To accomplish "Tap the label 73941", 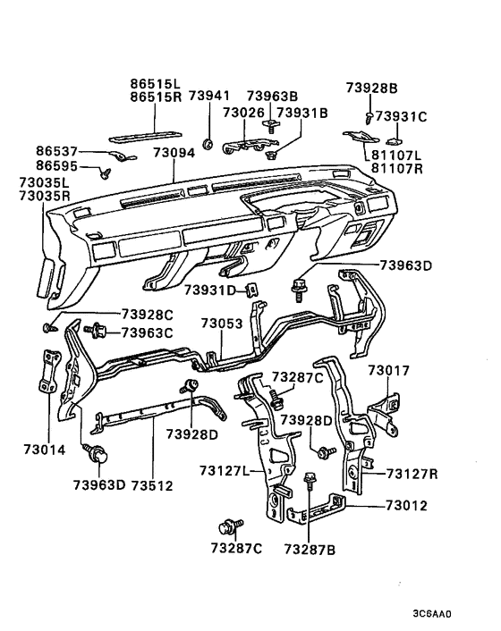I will (208, 97).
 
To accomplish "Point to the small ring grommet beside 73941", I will (207, 142).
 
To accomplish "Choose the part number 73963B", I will (272, 97).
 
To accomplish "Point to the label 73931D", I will (209, 290).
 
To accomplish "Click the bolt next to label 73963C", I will (94, 332).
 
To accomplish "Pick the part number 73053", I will (222, 323).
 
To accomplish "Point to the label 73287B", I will (310, 548).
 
